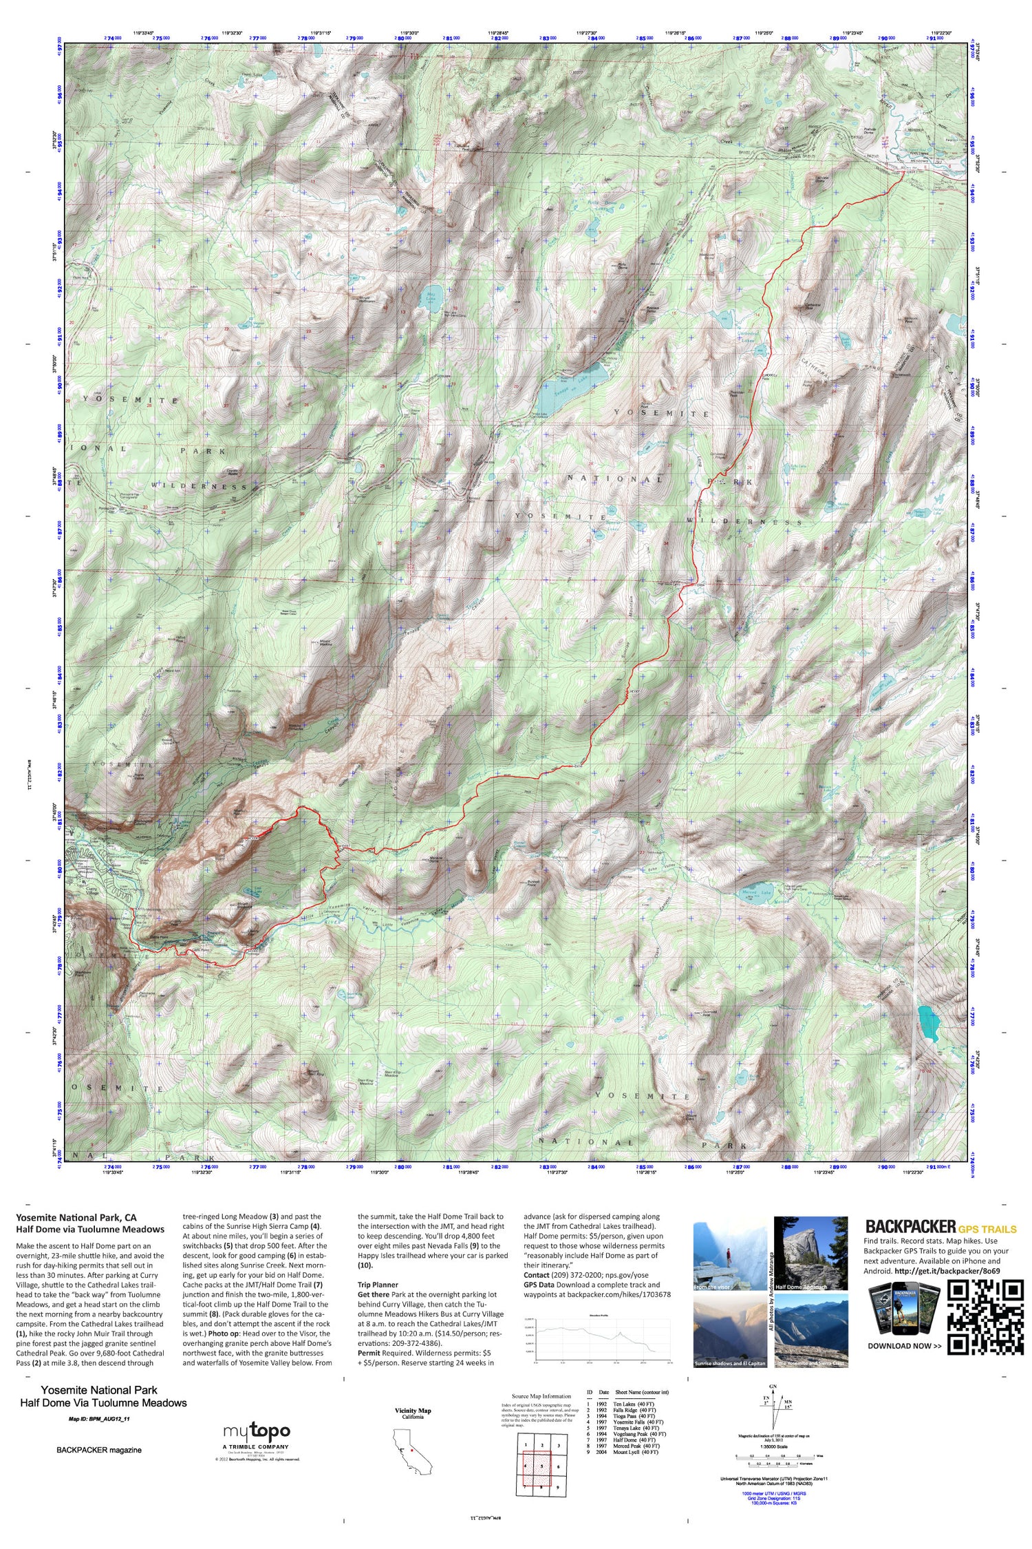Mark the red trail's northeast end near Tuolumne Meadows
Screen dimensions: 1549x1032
[903, 173]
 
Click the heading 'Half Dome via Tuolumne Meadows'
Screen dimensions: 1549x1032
[90, 1229]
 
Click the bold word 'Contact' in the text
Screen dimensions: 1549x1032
[536, 1275]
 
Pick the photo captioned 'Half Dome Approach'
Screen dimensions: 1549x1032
[811, 1254]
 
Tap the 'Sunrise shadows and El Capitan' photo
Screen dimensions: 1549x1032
[729, 1330]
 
